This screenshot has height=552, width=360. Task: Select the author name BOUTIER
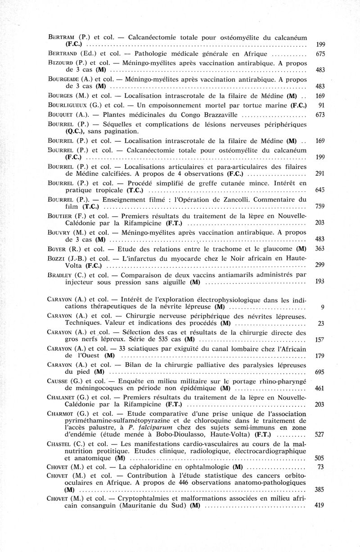click(61, 216)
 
